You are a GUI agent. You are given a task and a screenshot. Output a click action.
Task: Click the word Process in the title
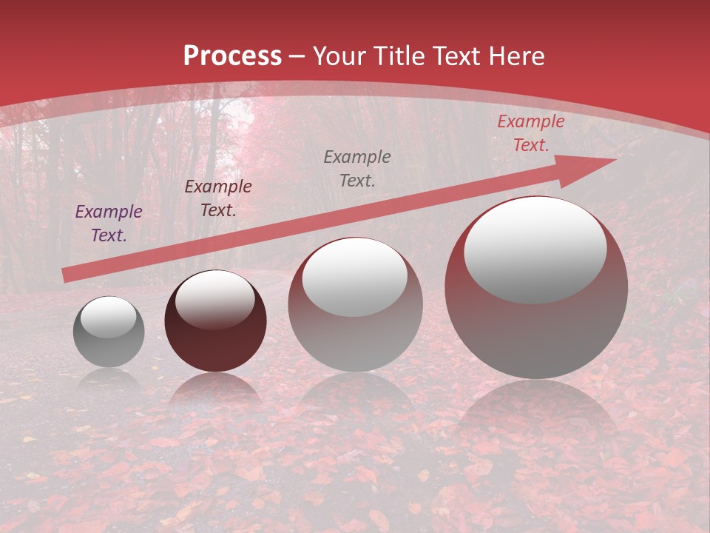pyautogui.click(x=232, y=56)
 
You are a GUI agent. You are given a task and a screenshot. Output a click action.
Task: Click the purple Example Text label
pyautogui.click(x=109, y=224)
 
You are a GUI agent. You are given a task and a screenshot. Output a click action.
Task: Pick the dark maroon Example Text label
pyautogui.click(x=218, y=198)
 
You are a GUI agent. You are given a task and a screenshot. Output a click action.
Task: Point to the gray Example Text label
pyautogui.click(x=357, y=168)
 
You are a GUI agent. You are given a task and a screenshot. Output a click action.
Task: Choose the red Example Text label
pyautogui.click(x=531, y=133)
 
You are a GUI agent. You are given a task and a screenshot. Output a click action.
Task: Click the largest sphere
pyautogui.click(x=536, y=326)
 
